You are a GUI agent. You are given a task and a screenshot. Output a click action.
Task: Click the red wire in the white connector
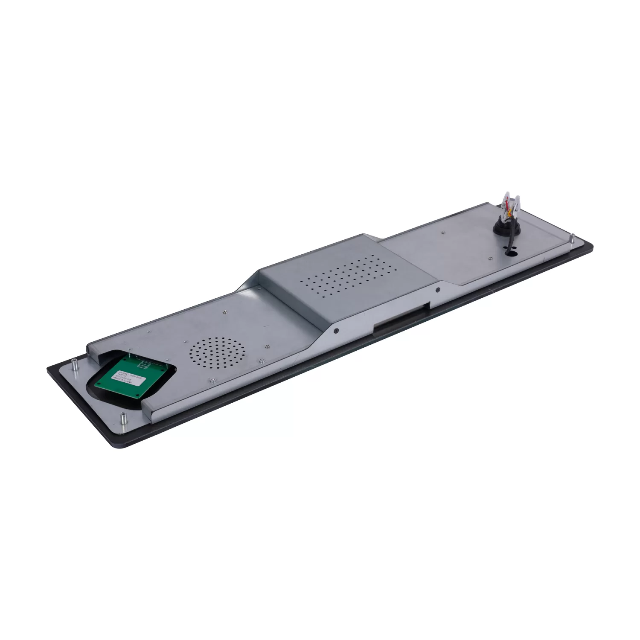point(508,204)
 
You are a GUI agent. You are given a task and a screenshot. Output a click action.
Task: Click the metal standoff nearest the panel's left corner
point(73,365)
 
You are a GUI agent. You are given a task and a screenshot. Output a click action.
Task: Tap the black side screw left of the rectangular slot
point(336,330)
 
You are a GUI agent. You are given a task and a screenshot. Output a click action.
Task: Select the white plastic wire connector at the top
point(512,201)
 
